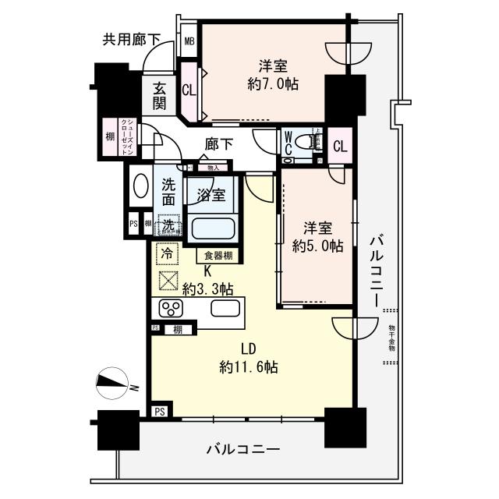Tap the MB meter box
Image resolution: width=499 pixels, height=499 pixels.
(189, 42)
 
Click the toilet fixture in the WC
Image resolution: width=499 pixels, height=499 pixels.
(313, 141)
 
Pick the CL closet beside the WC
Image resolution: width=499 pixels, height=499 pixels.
(340, 146)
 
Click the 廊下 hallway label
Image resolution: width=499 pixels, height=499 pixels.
(219, 144)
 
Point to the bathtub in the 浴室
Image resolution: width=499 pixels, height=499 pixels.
(212, 231)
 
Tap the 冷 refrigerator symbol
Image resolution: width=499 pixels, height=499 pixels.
(165, 253)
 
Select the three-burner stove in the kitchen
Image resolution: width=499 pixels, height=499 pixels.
(171, 306)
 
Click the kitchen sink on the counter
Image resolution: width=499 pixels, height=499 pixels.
(225, 307)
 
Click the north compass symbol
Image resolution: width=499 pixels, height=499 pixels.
(115, 384)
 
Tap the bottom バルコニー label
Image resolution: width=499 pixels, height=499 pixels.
(242, 450)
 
